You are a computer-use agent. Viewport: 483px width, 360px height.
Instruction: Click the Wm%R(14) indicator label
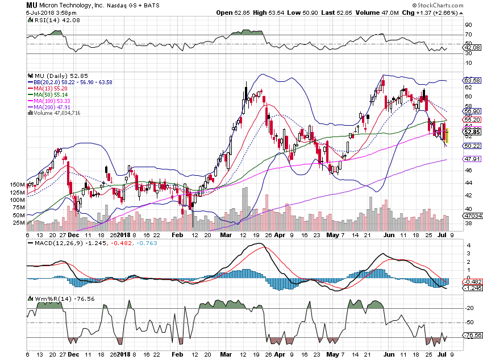point(52,299)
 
